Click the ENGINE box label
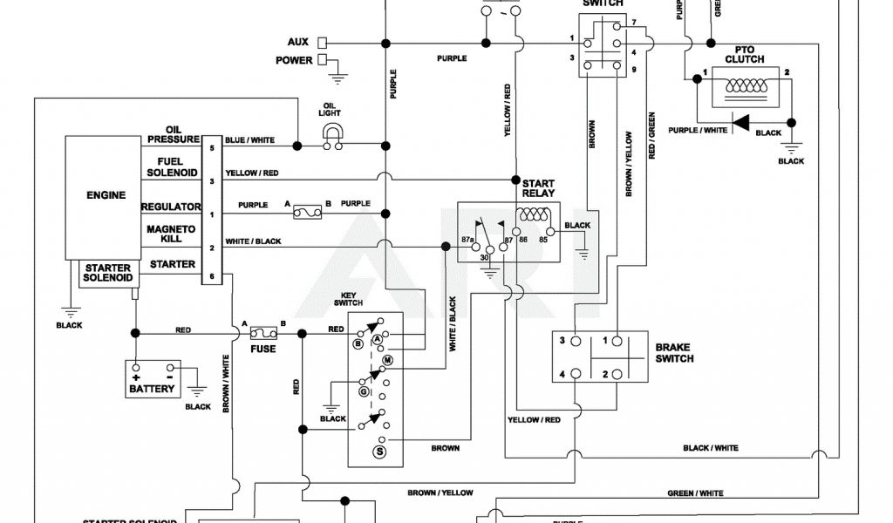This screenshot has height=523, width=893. coord(106,196)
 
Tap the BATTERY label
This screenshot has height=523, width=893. coord(152,389)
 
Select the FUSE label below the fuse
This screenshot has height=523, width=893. coord(262,350)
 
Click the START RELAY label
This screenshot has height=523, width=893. coord(538,188)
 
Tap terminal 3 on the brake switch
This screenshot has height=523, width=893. coord(563,341)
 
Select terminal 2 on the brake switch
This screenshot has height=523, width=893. coord(604,374)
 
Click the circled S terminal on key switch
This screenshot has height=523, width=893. coord(379,451)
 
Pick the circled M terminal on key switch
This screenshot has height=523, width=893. coord(388,360)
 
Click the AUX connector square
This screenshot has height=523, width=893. coord(322,42)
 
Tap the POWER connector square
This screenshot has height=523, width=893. coord(322,60)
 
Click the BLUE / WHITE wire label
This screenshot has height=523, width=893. coord(250,139)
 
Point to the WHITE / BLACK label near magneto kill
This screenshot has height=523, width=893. coord(253,241)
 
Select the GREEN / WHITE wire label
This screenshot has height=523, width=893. coord(695,493)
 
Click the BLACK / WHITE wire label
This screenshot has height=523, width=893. coord(711,448)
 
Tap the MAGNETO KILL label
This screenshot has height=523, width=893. coord(170,234)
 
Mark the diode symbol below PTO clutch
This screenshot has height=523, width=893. coord(740,123)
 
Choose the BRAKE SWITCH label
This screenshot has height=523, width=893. coord(674,353)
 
